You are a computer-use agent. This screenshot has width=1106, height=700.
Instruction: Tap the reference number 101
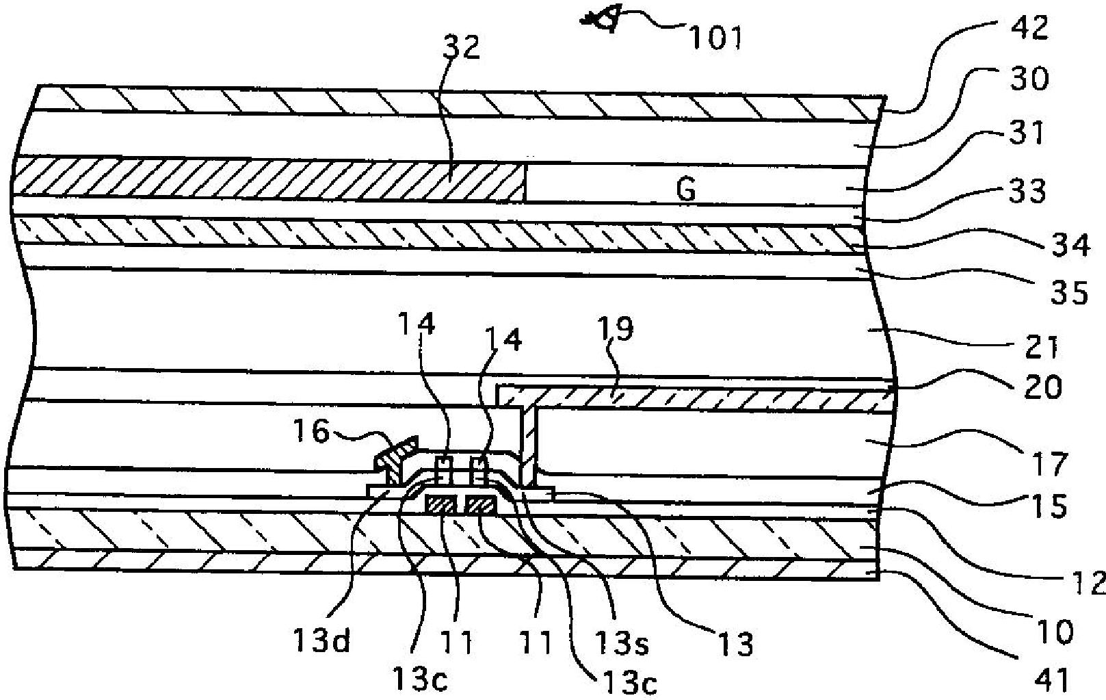click(x=715, y=38)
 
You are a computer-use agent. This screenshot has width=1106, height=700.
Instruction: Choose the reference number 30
click(x=1028, y=80)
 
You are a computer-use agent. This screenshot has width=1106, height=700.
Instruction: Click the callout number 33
click(x=1027, y=192)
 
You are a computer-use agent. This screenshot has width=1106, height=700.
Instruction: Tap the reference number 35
click(x=1069, y=294)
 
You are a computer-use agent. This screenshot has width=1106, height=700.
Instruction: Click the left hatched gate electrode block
click(x=440, y=506)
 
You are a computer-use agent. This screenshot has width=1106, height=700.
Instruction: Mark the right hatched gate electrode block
click(x=481, y=506)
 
